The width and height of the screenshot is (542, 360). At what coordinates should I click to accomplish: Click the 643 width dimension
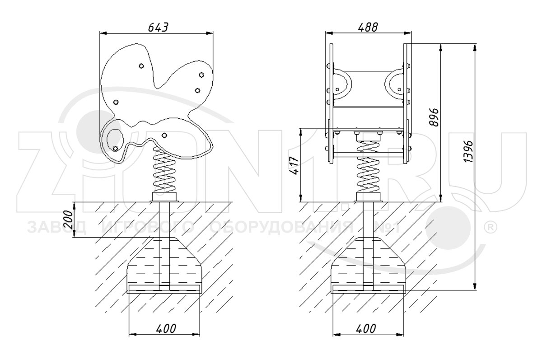pyautogui.click(x=158, y=28)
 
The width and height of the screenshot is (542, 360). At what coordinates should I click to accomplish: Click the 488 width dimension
pyautogui.click(x=368, y=28)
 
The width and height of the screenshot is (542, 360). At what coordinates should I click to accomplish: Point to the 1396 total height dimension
pyautogui.click(x=468, y=151)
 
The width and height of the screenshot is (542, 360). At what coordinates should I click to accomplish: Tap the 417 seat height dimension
pyautogui.click(x=294, y=165)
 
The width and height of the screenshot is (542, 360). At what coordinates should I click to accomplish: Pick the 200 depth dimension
pyautogui.click(x=69, y=220)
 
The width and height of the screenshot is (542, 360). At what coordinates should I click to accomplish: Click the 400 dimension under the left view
pyautogui.click(x=166, y=328)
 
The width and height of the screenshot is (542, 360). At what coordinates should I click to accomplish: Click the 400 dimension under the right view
pyautogui.click(x=366, y=328)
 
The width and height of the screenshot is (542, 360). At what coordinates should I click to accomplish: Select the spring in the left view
pyautogui.click(x=164, y=170)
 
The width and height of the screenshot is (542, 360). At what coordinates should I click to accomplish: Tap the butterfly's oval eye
pyautogui.click(x=115, y=140)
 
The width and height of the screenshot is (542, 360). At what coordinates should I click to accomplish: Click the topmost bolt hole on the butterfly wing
pyautogui.click(x=141, y=66)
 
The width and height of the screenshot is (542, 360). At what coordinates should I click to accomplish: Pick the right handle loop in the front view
pyautogui.click(x=394, y=84)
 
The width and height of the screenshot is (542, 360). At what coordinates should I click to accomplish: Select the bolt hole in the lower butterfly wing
pyautogui.click(x=164, y=135)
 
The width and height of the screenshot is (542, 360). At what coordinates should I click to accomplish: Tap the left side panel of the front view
pyautogui.click(x=331, y=103)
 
